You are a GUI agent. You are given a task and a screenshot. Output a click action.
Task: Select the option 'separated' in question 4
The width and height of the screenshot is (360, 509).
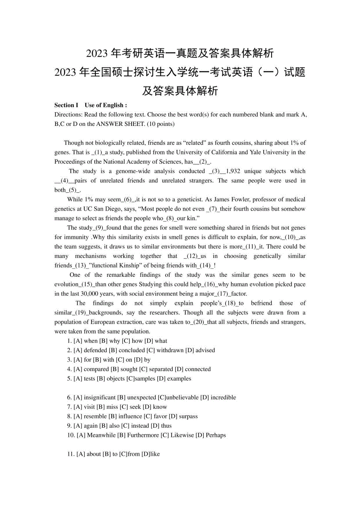160,369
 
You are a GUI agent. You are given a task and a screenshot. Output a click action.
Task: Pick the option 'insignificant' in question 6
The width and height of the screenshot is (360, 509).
99,397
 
